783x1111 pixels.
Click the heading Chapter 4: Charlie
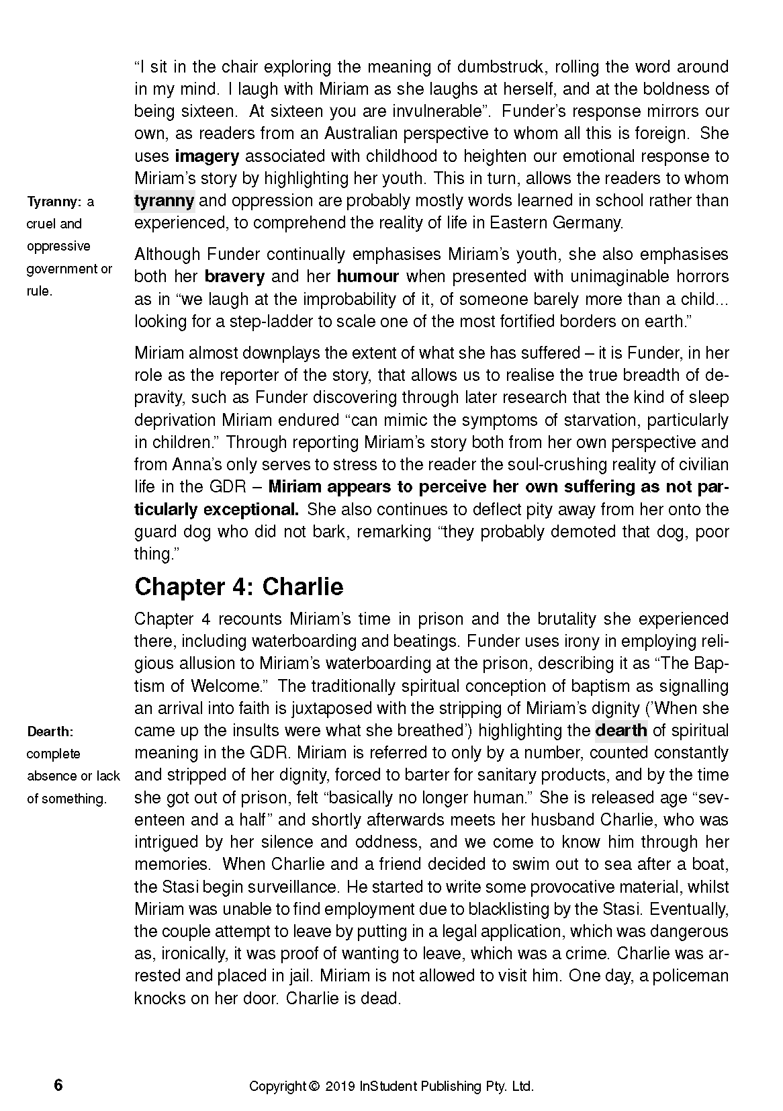[238, 586]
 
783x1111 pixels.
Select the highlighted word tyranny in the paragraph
[164, 200]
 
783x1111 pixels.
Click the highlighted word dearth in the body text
[621, 730]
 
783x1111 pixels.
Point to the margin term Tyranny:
[54, 202]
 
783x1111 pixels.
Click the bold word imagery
[207, 156]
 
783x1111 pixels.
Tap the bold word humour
[368, 276]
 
